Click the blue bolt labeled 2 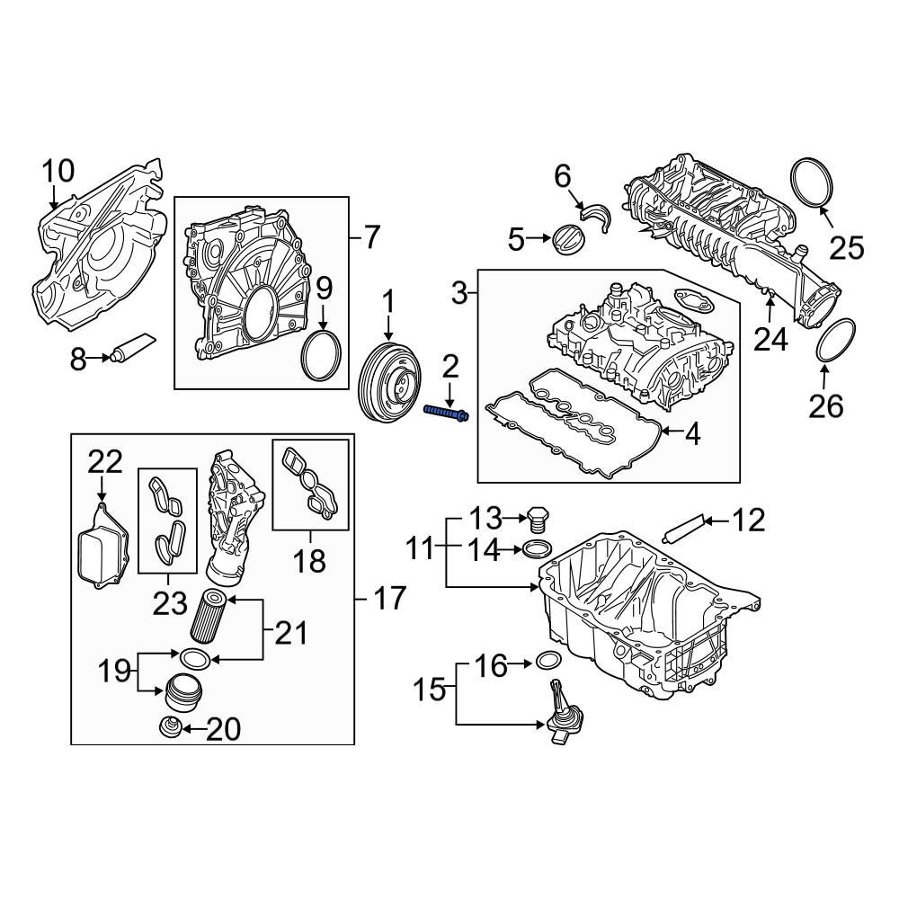pyautogui.click(x=445, y=414)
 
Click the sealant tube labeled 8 pyautogui.click(x=131, y=347)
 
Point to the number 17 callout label pyautogui.click(x=388, y=598)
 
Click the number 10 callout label pyautogui.click(x=59, y=171)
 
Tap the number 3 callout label pyautogui.click(x=458, y=292)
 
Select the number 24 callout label pyautogui.click(x=770, y=339)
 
